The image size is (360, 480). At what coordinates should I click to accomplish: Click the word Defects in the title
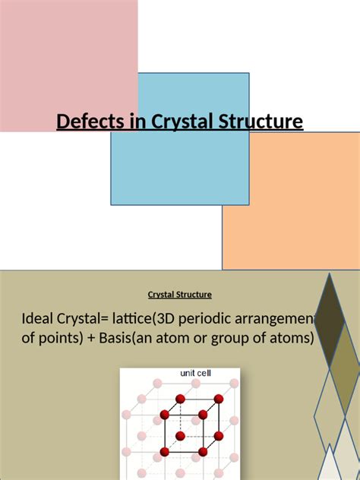[84, 122]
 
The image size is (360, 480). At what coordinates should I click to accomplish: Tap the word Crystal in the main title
[170, 122]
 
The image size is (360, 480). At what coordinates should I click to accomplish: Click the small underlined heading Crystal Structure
[179, 295]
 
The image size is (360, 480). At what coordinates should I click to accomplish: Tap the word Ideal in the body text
[39, 317]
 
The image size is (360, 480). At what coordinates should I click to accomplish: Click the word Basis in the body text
[113, 338]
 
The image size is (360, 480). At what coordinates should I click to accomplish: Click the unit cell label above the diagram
[195, 373]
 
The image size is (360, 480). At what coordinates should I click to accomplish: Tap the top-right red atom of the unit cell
[219, 399]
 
